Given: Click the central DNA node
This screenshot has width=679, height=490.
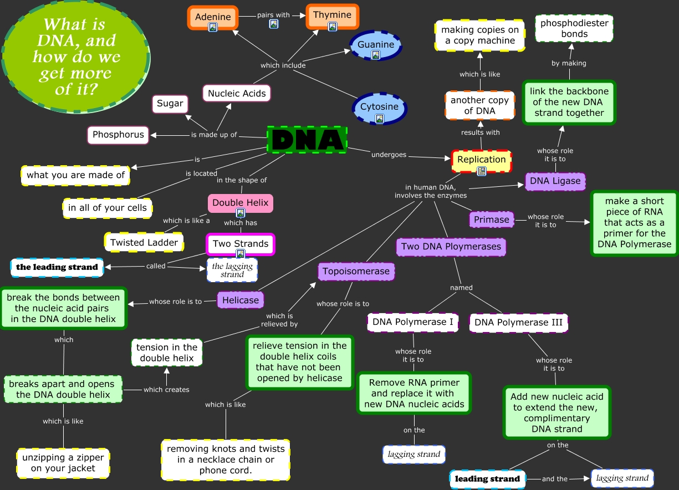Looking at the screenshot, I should click(307, 139).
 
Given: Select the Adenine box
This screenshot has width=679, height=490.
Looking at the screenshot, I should click(213, 17).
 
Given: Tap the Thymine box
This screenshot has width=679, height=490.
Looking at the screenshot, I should click(333, 16).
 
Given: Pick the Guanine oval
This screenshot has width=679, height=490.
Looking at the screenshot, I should click(376, 45).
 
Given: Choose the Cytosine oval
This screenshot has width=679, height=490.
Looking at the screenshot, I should click(379, 108).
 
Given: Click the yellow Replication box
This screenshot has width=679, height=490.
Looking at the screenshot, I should click(481, 160).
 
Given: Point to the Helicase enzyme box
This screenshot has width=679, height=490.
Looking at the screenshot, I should click(241, 300).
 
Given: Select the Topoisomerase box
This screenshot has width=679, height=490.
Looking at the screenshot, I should click(356, 272).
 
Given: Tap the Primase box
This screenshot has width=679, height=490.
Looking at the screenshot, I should click(491, 220).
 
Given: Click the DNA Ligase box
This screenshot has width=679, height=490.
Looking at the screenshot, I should click(555, 181).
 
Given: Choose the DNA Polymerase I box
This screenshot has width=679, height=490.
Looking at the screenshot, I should click(413, 322).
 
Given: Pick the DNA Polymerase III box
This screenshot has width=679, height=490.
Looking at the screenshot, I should click(518, 322).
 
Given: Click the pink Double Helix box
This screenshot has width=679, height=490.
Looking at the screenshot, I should click(240, 203).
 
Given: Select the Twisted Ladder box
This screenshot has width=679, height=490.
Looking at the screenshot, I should click(144, 242).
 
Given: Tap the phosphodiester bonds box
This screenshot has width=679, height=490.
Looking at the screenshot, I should click(574, 29).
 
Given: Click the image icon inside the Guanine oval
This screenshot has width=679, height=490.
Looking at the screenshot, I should click(375, 55).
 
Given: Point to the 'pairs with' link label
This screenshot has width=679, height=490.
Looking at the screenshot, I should click(273, 15).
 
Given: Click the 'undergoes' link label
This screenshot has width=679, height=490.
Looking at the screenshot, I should click(389, 155).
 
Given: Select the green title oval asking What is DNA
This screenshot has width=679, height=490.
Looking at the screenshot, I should click(76, 56).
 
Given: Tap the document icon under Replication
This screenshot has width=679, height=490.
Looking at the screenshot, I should click(482, 171).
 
